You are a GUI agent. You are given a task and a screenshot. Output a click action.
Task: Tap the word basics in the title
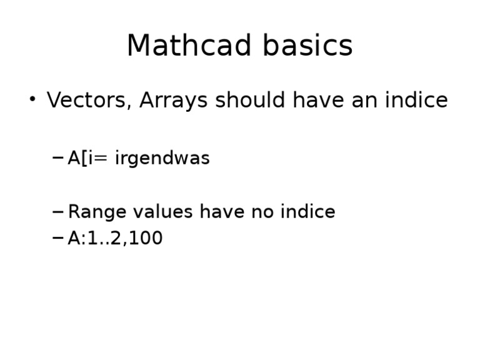307,46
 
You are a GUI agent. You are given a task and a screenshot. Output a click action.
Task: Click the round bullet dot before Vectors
32,99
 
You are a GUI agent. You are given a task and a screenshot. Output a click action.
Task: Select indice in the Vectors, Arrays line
416,101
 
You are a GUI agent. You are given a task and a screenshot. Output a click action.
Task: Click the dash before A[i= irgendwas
57,158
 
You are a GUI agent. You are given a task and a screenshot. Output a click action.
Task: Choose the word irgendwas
162,159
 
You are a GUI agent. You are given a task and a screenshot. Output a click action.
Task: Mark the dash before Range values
57,212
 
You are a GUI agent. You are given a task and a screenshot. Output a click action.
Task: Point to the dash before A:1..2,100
57,238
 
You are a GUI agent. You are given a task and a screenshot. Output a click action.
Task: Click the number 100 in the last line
147,239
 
